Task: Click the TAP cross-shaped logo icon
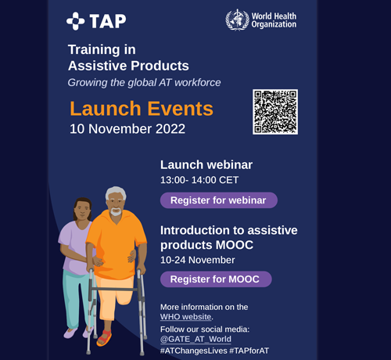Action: pyautogui.click(x=76, y=21)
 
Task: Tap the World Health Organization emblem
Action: pyautogui.click(x=237, y=20)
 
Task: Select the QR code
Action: pyautogui.click(x=275, y=112)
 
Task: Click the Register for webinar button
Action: pyautogui.click(x=219, y=200)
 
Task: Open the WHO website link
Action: pyautogui.click(x=185, y=317)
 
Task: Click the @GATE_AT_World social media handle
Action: pyautogui.click(x=195, y=339)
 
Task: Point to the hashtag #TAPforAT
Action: pyautogui.click(x=249, y=351)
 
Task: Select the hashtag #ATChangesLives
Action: pyautogui.click(x=194, y=351)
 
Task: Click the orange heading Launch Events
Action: pyautogui.click(x=142, y=109)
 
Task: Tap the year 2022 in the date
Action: pyautogui.click(x=170, y=129)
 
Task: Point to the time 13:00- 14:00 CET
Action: pyautogui.click(x=199, y=180)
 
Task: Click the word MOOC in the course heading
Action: pyautogui.click(x=235, y=245)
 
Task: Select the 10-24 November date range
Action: pyautogui.click(x=198, y=260)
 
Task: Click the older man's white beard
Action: pyautogui.click(x=116, y=211)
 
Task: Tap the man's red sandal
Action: pyautogui.click(x=104, y=338)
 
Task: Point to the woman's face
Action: pyautogui.click(x=82, y=211)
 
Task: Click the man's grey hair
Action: pyautogui.click(x=116, y=193)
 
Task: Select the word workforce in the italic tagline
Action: pyautogui.click(x=198, y=82)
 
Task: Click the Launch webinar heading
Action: pyautogui.click(x=206, y=165)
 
